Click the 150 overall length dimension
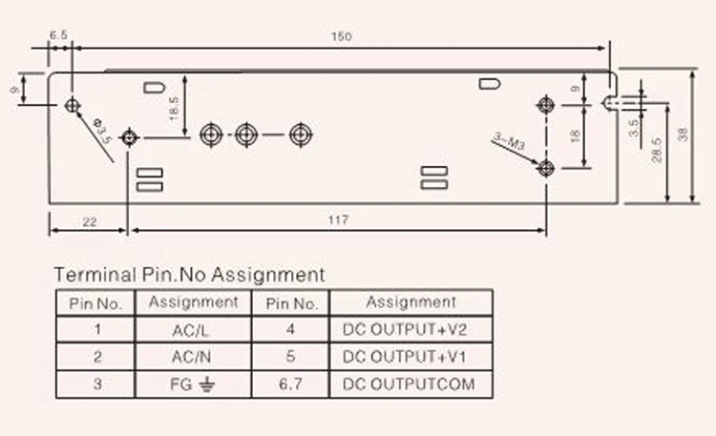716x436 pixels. coord(341,36)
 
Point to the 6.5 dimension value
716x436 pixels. coord(58,33)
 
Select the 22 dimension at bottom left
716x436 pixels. coord(88,220)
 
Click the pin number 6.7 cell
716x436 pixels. coord(291,385)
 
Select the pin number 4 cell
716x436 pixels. coord(291,330)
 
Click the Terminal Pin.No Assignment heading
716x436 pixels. coord(189,275)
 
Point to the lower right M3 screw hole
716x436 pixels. coord(545,169)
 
